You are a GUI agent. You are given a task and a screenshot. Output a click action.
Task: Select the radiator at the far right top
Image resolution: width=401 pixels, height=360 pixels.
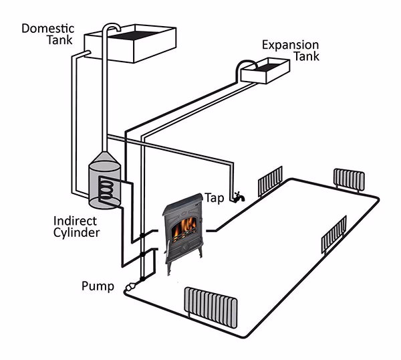point(350,179)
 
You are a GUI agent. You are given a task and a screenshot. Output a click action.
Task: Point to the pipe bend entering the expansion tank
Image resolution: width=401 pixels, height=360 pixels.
point(240,64)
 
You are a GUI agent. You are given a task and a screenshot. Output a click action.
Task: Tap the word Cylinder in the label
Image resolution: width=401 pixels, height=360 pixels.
point(78,233)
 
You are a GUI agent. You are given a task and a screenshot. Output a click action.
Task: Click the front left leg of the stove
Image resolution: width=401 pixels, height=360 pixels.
point(168,267)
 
